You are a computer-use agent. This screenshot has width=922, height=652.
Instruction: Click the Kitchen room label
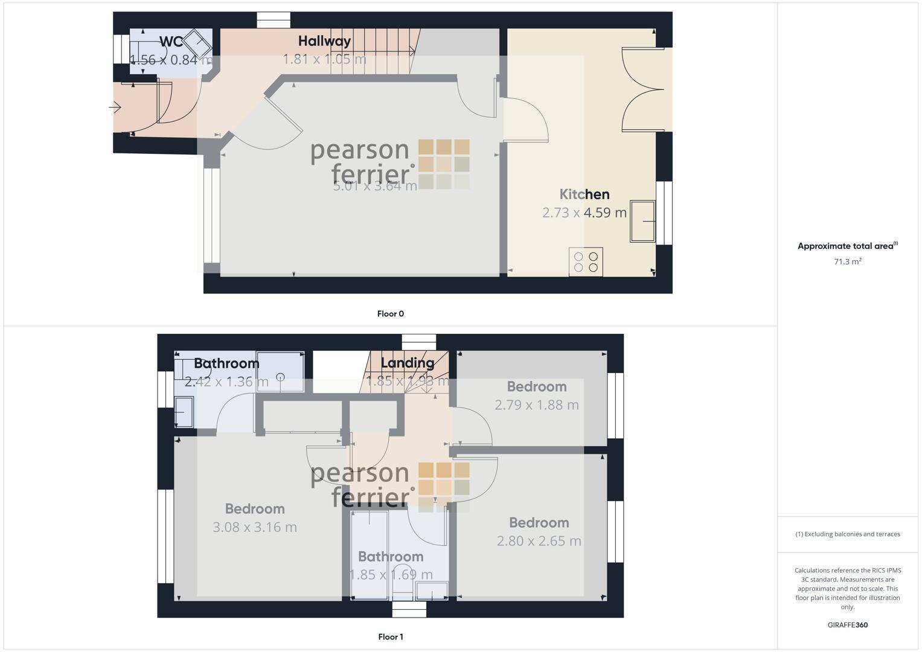584,194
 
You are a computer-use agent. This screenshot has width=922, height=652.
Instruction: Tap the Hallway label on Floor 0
324,41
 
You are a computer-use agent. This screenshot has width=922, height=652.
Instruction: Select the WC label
171,42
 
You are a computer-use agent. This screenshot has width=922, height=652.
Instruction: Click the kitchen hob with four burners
586,262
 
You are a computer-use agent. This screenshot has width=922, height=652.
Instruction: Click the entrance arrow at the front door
115,108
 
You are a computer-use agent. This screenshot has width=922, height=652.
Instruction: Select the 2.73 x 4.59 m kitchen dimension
584,213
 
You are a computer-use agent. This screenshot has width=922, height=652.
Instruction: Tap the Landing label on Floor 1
408,363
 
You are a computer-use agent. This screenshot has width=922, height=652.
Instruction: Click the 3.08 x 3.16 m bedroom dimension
255,527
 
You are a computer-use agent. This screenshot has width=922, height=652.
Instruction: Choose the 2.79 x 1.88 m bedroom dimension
536,405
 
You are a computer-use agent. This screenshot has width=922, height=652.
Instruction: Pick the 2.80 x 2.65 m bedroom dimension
539,541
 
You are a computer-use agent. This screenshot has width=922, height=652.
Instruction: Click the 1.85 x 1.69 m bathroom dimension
391,575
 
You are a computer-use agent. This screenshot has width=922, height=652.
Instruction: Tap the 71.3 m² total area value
847,261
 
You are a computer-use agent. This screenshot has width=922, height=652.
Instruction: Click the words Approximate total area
845,246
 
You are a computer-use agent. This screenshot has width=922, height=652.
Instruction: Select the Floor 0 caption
390,313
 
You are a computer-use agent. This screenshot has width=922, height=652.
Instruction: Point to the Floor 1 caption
390,636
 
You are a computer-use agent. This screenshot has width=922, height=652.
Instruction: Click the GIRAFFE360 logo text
847,625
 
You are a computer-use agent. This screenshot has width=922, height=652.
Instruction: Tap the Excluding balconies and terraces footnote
847,534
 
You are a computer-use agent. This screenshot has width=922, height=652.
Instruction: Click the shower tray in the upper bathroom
280,372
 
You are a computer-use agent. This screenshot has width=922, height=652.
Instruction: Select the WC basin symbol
197,43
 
